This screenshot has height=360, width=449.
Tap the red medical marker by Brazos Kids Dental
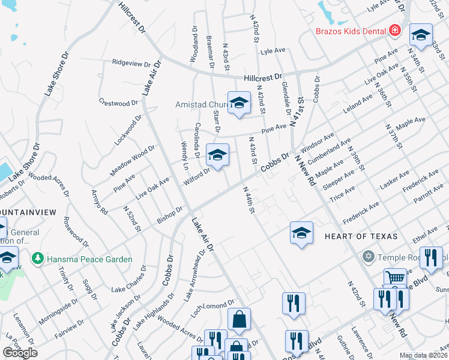coord(395,30)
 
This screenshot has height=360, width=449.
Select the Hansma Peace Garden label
coord(89,259)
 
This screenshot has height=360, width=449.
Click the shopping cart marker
coord(394,278)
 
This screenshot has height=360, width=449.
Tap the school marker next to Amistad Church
coord(239,103)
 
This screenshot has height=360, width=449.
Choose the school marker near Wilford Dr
coord(217,155)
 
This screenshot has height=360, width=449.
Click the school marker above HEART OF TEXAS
coord(301,233)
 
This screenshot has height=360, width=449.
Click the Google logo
coord(20,353)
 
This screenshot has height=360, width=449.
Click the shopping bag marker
coord(239,320)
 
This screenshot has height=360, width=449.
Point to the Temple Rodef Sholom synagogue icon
coord(369,257)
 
